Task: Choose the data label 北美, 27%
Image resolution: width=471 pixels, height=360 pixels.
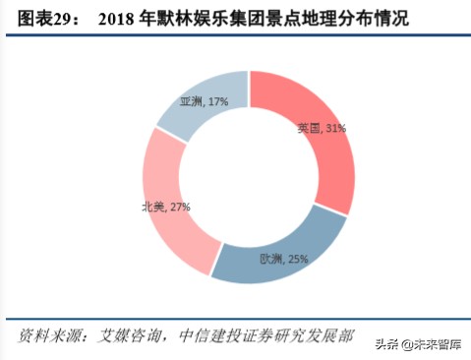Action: click(x=165, y=207)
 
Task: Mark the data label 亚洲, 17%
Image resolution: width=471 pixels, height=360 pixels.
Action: click(x=204, y=101)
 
